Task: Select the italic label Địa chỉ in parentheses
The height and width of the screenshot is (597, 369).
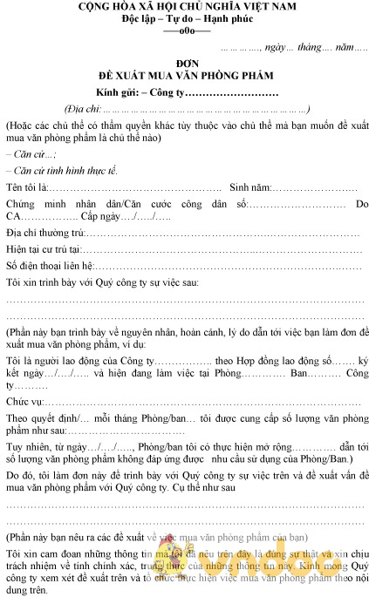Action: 83,109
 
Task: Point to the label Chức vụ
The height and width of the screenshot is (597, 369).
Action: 24,402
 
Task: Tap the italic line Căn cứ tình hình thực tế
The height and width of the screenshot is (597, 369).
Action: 61,171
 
